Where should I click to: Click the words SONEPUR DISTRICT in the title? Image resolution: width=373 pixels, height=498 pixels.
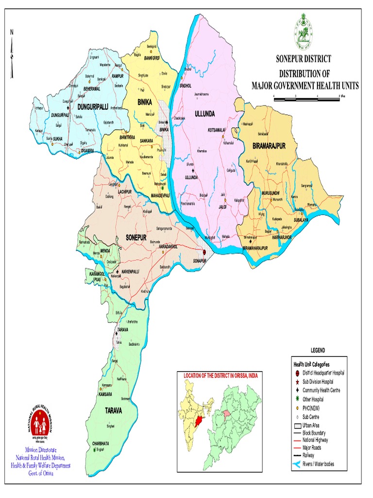304,59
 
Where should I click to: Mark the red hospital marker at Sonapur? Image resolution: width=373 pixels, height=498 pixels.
204,252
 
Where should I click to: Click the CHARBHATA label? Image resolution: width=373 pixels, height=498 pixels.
102,443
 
